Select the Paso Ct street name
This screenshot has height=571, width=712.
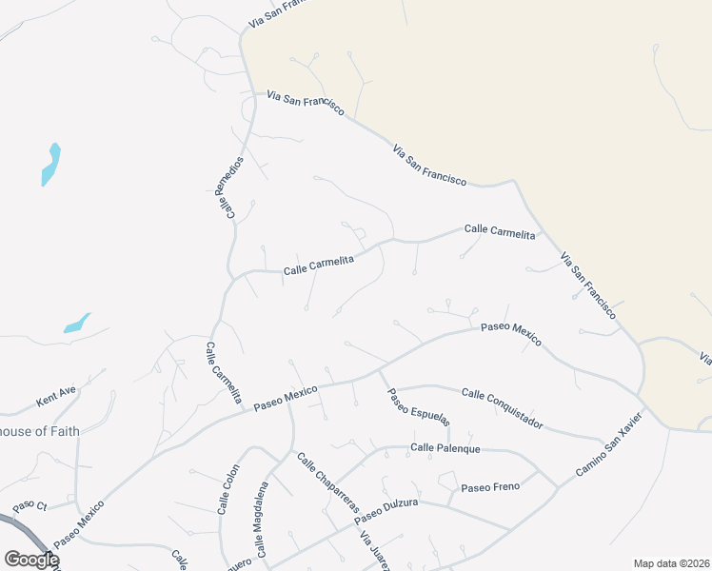pyautogui.click(x=30, y=505)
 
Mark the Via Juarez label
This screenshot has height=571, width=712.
pyautogui.click(x=374, y=550)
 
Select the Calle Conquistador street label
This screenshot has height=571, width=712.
pyautogui.click(x=502, y=407)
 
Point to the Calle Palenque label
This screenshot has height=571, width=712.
pyautogui.click(x=445, y=447)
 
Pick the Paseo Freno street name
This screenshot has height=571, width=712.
pyautogui.click(x=490, y=487)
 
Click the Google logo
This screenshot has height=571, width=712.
pyautogui.click(x=31, y=560)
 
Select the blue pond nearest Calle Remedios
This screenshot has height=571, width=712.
pyautogui.click(x=50, y=165)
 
